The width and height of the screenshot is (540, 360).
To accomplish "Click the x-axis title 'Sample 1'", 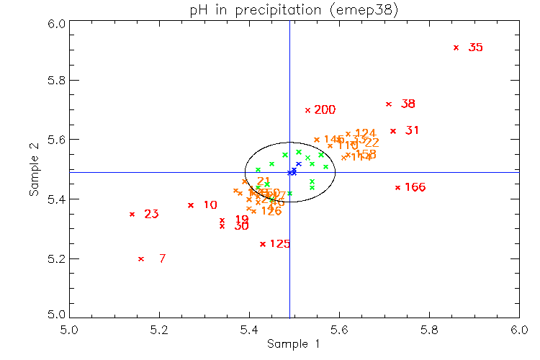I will (294, 344).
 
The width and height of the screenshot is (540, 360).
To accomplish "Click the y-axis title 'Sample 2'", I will (33, 169).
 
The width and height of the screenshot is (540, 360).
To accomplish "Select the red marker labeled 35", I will (456, 48).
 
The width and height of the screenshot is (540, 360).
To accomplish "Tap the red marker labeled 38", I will (389, 104).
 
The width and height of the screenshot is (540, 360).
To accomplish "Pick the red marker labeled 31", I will (393, 131).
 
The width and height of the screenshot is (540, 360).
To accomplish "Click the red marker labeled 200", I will (307, 110).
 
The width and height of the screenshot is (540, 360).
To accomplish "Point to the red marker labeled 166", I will (397, 187).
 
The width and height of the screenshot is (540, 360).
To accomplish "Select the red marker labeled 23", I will (132, 214).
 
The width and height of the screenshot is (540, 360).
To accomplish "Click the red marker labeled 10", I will (191, 205).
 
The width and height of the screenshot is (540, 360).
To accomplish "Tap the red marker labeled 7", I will (141, 258).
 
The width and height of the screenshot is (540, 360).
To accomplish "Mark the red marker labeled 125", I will (263, 244).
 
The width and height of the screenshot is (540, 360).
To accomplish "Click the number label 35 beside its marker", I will (475, 48).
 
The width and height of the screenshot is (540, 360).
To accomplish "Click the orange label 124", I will (366, 133).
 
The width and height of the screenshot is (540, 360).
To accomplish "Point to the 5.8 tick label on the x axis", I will (429, 330).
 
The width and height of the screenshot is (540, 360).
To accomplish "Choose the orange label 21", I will (264, 181).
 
